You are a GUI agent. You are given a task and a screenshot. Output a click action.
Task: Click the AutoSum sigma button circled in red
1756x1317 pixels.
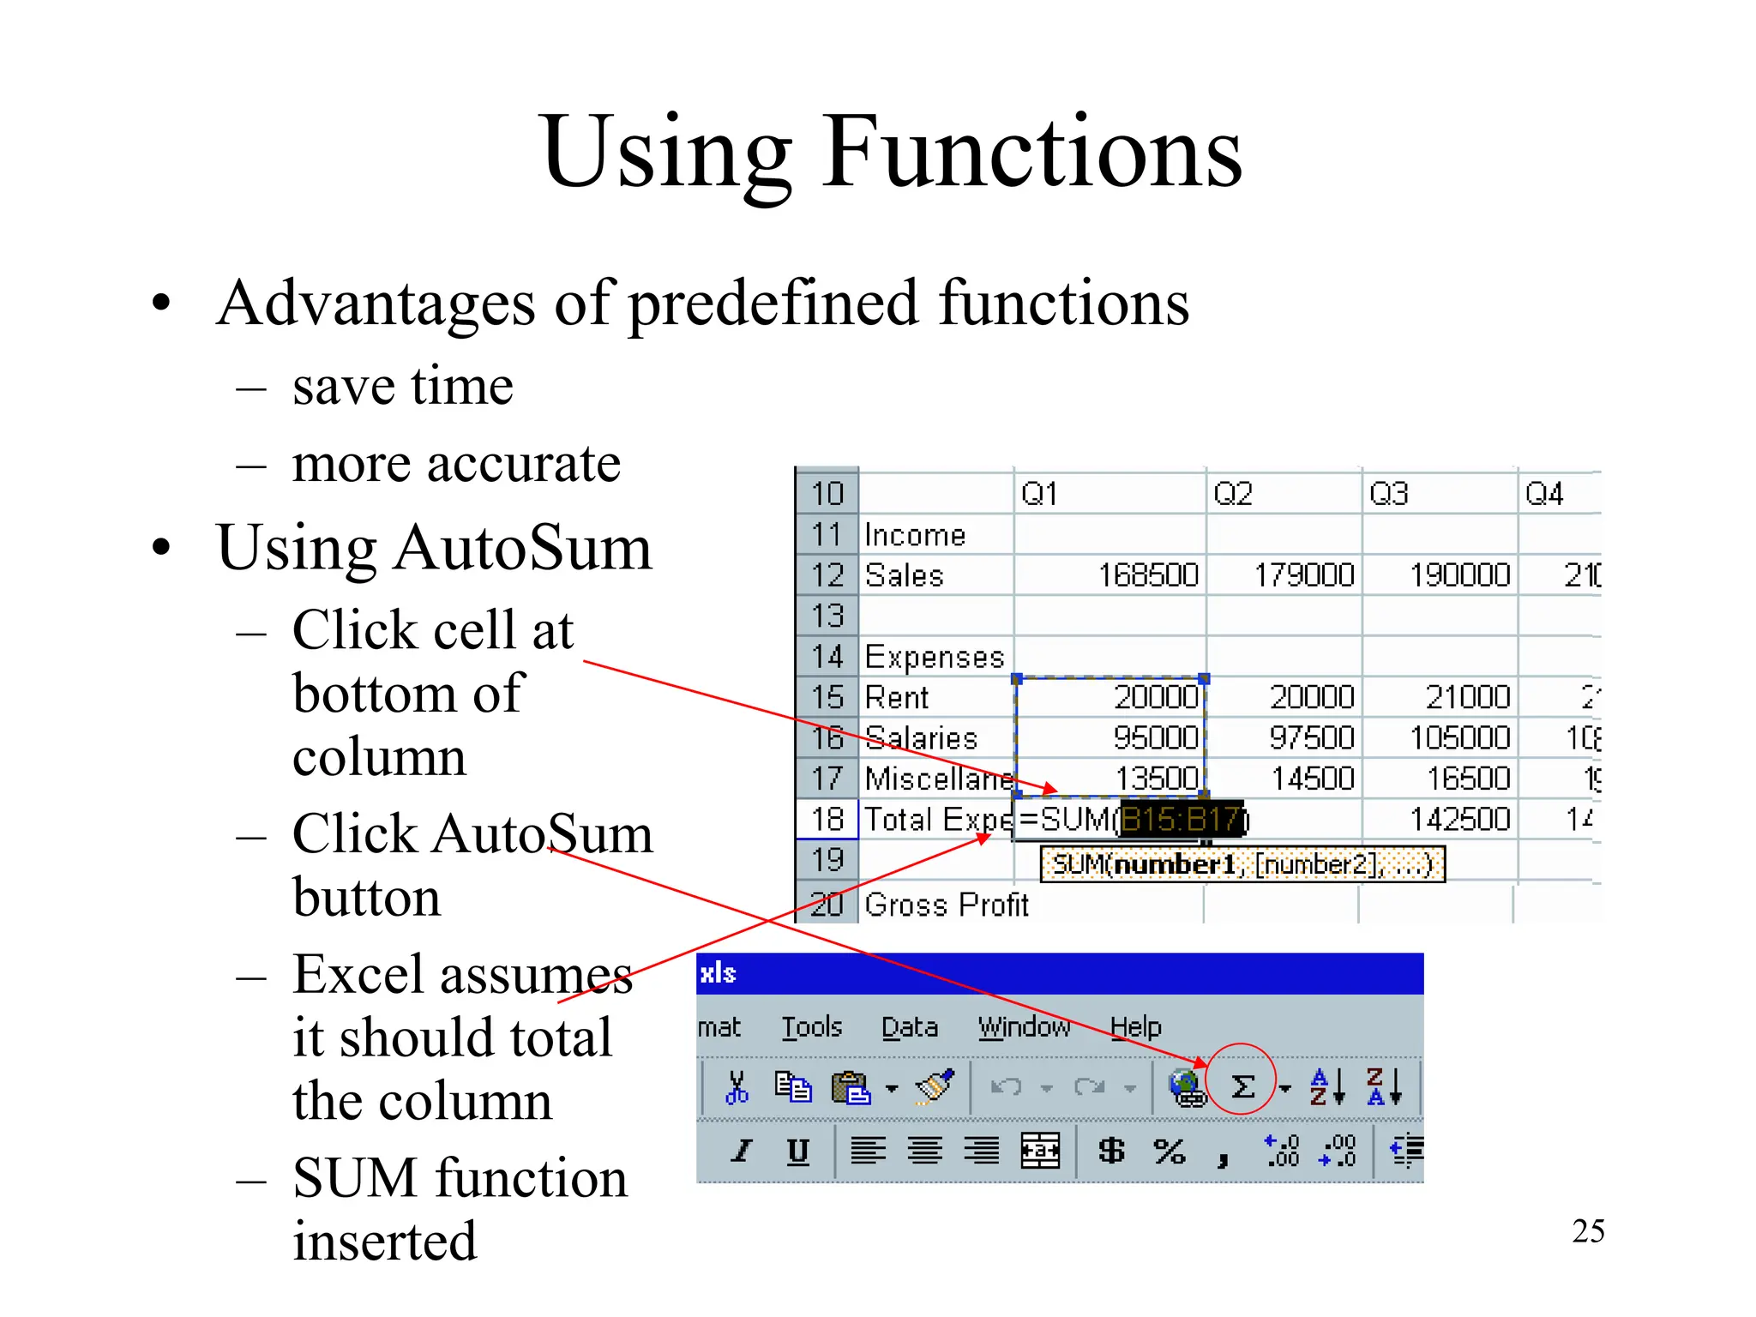[x=1242, y=1086]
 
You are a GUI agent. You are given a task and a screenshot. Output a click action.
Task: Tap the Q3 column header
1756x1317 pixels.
[x=1388, y=494]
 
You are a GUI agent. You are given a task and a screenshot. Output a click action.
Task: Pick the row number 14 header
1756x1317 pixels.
[x=827, y=657]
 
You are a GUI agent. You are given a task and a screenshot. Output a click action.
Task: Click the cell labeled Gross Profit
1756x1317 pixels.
[x=946, y=905]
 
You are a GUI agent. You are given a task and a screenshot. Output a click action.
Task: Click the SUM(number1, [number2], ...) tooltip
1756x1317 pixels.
[x=1242, y=864]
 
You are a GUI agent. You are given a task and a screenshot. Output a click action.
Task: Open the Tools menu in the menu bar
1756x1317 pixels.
[x=811, y=1026]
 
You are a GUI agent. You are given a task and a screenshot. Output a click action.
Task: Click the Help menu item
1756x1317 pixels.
[x=1135, y=1026]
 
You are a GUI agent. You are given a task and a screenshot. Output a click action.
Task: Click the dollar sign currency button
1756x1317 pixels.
[x=1111, y=1150]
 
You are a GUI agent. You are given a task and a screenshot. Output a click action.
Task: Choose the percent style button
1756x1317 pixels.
[x=1169, y=1150]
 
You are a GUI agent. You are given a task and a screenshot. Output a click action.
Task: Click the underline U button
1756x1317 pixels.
[x=797, y=1150]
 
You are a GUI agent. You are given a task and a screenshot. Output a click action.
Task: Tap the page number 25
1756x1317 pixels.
[x=1588, y=1231]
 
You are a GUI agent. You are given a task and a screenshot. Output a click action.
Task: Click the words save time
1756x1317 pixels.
[x=402, y=386]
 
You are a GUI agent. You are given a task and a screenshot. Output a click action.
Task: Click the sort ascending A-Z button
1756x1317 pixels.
[x=1326, y=1086]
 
